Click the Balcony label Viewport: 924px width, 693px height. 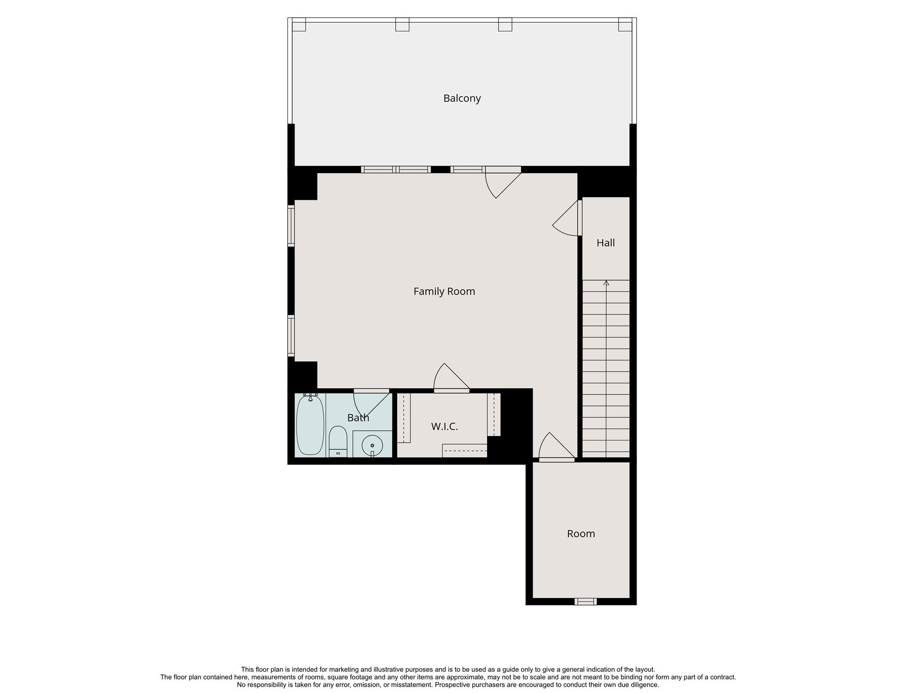point(462,98)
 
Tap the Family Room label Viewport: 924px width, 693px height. point(444,291)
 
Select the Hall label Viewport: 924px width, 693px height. point(605,243)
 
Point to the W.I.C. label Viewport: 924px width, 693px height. point(444,426)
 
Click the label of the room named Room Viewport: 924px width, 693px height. point(581,534)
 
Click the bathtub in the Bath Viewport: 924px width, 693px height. point(310,425)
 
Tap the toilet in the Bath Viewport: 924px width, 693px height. point(337,441)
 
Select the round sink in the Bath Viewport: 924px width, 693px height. point(372,445)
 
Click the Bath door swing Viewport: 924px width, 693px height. point(370,404)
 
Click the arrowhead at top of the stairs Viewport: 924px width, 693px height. point(606,283)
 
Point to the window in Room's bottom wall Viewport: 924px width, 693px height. point(585,601)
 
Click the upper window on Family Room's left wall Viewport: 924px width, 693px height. point(291,226)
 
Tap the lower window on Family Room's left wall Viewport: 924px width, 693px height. point(291,336)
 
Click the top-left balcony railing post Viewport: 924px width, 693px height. point(299,24)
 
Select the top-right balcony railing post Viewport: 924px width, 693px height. point(625,24)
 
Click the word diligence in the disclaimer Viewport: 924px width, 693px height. point(645,685)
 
